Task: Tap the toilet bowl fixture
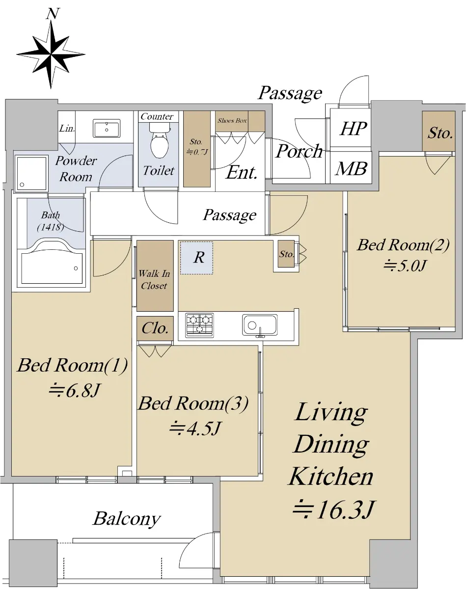[x=160, y=140]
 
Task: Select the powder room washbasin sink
[x=107, y=128]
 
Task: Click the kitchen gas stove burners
[x=199, y=325]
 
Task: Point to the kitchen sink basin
[x=260, y=325]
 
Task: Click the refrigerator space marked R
[x=196, y=258]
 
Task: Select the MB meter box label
[x=351, y=168]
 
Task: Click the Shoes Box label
[x=232, y=120]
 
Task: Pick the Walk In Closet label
[x=154, y=279]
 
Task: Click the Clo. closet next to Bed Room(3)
[x=155, y=328]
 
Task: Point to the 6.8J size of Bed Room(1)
[x=75, y=390]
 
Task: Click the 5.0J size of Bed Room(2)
[x=405, y=265]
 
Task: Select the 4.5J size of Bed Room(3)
[x=195, y=428]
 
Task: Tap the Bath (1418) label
[x=51, y=221]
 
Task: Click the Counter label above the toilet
[x=157, y=117]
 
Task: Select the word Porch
[x=299, y=151]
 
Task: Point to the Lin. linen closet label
[x=67, y=129]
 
